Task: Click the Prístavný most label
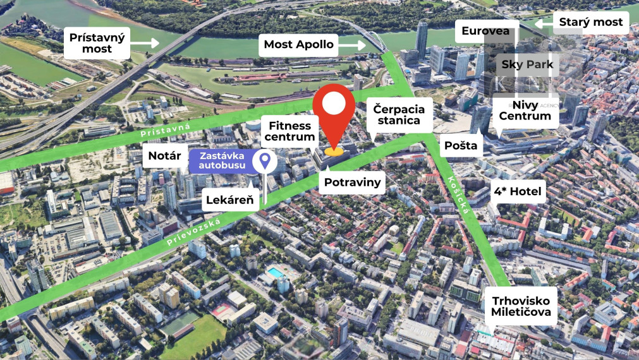click(x=97, y=42)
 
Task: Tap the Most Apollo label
click(x=299, y=44)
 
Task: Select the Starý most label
click(x=590, y=22)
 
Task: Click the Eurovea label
click(x=485, y=31)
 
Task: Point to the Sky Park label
click(x=527, y=64)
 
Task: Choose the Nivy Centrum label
click(x=525, y=109)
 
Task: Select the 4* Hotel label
click(x=518, y=191)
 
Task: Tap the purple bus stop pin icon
click(x=264, y=161)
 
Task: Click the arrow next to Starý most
click(x=544, y=22)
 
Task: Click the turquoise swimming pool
click(x=276, y=272)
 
